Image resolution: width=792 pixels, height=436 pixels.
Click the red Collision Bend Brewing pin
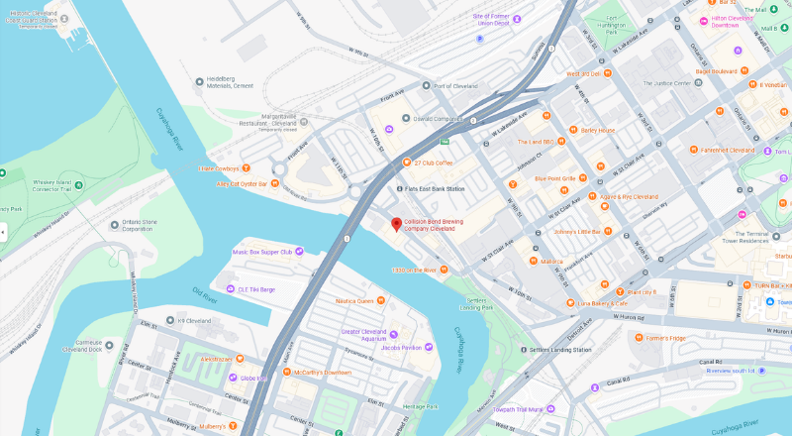[396, 224]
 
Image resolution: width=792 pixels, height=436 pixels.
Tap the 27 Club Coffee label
[433, 163]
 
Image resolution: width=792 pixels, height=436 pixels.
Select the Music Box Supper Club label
[262, 252]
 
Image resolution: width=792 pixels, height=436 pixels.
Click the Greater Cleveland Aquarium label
[362, 336]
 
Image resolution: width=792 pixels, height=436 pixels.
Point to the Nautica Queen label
[352, 300]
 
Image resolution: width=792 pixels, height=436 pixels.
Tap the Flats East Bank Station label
[435, 188]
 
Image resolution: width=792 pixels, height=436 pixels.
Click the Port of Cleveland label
[455, 86]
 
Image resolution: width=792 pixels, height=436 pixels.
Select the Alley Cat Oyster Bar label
[243, 183]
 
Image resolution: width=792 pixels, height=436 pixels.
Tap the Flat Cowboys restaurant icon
[246, 168]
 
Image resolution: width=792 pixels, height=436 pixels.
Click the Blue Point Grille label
[554, 178]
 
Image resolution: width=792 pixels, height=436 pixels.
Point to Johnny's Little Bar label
[583, 231]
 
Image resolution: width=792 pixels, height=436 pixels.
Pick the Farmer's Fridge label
[664, 339]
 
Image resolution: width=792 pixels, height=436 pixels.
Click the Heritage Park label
[421, 407]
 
